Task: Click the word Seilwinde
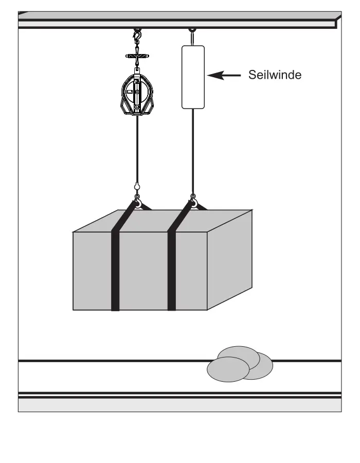click(x=275, y=75)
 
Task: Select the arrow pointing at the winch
click(x=224, y=76)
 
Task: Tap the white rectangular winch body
click(x=193, y=77)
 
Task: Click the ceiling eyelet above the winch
click(x=192, y=30)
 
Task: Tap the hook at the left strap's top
click(x=137, y=201)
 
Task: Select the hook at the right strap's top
click(x=193, y=201)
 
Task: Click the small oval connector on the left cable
click(x=137, y=186)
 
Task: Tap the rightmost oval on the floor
click(x=262, y=367)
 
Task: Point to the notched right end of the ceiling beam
click(x=337, y=22)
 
